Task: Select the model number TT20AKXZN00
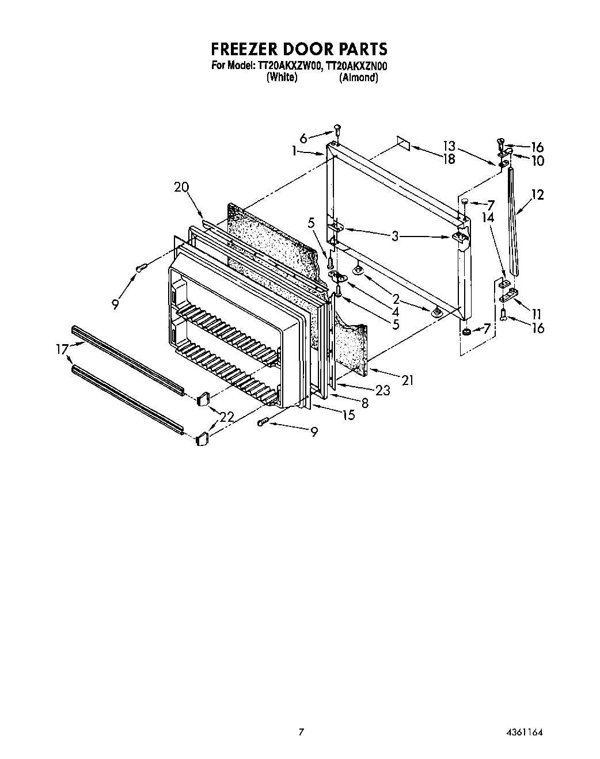point(357,66)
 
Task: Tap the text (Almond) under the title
point(358,78)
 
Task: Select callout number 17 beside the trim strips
point(62,348)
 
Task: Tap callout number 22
point(227,418)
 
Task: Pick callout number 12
point(537,195)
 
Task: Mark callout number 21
point(408,380)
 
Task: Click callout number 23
point(382,391)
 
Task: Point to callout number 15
point(348,415)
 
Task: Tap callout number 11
point(536,314)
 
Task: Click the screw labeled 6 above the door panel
point(338,129)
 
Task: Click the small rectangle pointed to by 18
point(403,143)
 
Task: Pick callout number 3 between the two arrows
point(395,235)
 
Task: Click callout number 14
point(488,218)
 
